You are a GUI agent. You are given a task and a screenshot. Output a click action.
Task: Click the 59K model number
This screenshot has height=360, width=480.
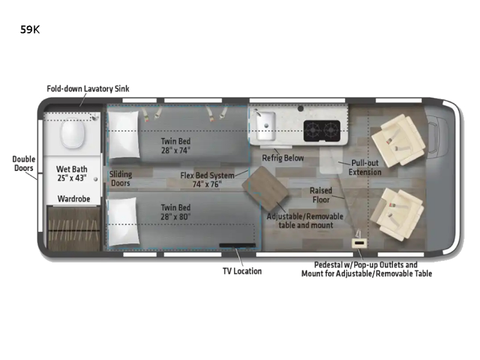30,29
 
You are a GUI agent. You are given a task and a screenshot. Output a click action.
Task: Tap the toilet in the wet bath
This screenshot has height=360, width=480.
72,133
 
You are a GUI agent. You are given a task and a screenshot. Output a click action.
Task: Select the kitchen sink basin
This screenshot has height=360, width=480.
265,126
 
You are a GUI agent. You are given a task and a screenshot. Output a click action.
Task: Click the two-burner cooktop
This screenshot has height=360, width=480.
322,131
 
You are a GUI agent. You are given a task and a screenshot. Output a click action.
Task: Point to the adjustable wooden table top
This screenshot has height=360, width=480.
265,185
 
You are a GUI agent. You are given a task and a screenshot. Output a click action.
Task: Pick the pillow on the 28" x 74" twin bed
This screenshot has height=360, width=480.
123,134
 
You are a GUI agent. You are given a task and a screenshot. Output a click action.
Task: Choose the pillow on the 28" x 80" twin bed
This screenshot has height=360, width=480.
122,221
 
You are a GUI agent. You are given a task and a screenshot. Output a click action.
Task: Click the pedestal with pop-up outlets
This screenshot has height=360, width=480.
359,243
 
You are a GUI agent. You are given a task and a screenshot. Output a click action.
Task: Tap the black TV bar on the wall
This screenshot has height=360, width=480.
237,245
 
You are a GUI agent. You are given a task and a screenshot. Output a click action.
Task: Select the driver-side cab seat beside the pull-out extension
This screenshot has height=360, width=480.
398,140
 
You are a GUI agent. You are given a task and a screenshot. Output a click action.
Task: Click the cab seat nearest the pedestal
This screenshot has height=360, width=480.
397,214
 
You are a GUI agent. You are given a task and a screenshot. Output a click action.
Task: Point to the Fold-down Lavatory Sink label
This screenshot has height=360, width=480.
88,89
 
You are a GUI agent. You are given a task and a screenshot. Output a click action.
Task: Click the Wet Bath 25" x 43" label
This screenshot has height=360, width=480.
72,173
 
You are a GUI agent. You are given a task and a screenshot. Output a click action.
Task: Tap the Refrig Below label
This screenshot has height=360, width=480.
283,158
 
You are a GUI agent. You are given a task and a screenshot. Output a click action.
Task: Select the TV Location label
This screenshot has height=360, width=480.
242,271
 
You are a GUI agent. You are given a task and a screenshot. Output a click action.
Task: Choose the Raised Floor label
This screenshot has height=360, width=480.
321,195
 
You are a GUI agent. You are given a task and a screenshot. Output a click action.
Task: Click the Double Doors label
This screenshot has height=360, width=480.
23,163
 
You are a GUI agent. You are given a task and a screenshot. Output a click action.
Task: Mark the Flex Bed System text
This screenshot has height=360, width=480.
207,175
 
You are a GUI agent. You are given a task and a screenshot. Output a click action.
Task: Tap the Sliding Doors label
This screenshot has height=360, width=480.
121,178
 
